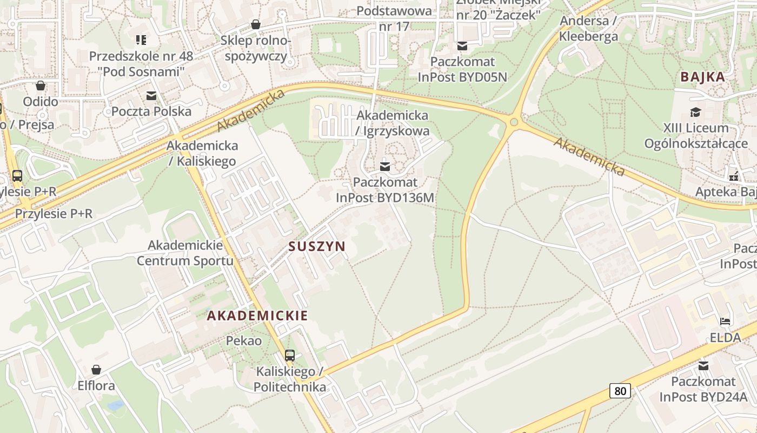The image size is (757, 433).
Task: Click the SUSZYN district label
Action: [x=317, y=247]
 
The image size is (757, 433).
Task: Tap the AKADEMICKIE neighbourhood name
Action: [x=257, y=316]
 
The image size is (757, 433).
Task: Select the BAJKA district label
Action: [x=702, y=77]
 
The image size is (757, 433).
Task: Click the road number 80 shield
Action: [x=620, y=390]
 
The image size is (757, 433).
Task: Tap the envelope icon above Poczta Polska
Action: [x=151, y=96]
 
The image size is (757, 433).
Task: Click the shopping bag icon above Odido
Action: [x=41, y=86]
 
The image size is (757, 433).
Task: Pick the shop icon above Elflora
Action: [x=96, y=370]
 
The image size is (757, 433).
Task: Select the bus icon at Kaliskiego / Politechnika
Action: [x=290, y=356]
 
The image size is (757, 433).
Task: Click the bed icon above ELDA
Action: [x=725, y=322]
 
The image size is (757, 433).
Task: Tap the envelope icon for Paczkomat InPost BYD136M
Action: [x=385, y=166]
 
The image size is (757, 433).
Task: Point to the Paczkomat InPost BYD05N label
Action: [x=462, y=69]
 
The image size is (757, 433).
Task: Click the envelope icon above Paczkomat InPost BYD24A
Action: [x=703, y=366]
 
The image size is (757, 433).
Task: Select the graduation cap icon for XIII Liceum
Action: [x=695, y=112]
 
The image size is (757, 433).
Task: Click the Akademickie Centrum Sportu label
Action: [x=185, y=253]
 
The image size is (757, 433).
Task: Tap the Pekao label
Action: [x=243, y=341]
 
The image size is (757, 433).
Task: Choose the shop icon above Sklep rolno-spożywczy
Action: [x=256, y=24]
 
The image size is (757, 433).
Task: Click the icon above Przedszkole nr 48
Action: [x=141, y=40]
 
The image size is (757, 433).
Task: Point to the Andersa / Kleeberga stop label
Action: [x=589, y=29]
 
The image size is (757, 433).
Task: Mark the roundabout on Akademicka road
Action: [x=514, y=122]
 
